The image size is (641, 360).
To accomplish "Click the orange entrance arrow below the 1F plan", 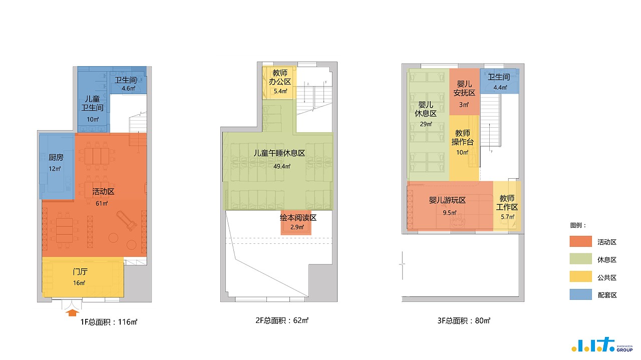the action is pyautogui.click(x=73, y=312).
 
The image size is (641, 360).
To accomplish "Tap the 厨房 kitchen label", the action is pyautogui.click(x=56, y=157).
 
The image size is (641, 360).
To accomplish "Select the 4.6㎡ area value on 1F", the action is pyautogui.click(x=129, y=89).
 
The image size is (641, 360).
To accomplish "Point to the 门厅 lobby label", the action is pyautogui.click(x=80, y=271).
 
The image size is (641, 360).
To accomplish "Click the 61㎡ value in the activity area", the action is pyautogui.click(x=102, y=203).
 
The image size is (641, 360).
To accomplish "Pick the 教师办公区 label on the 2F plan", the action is pyautogui.click(x=280, y=77).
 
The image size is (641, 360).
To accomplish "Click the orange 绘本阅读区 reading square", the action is pyautogui.click(x=296, y=227).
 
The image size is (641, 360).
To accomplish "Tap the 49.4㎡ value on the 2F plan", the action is pyautogui.click(x=282, y=166).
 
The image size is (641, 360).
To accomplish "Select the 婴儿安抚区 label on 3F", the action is pyautogui.click(x=464, y=89).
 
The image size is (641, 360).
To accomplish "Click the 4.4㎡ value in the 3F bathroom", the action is pyautogui.click(x=500, y=88).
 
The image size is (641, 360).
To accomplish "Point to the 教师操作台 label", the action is pyautogui.click(x=462, y=137).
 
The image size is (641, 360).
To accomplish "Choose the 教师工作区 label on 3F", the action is pyautogui.click(x=507, y=203).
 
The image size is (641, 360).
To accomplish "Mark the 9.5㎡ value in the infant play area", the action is pyautogui.click(x=450, y=213).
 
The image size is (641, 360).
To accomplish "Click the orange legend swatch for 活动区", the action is pyautogui.click(x=580, y=241).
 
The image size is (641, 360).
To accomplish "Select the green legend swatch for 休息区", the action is pyautogui.click(x=580, y=259).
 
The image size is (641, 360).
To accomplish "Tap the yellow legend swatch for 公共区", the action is pyautogui.click(x=580, y=277).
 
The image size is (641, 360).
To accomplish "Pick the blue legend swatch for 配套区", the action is pyautogui.click(x=580, y=294).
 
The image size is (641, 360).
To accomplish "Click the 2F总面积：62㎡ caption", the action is pyautogui.click(x=282, y=320).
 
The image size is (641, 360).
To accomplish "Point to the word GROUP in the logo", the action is pyautogui.click(x=624, y=349).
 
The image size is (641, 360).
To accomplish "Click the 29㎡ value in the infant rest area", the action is pyautogui.click(x=426, y=124).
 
